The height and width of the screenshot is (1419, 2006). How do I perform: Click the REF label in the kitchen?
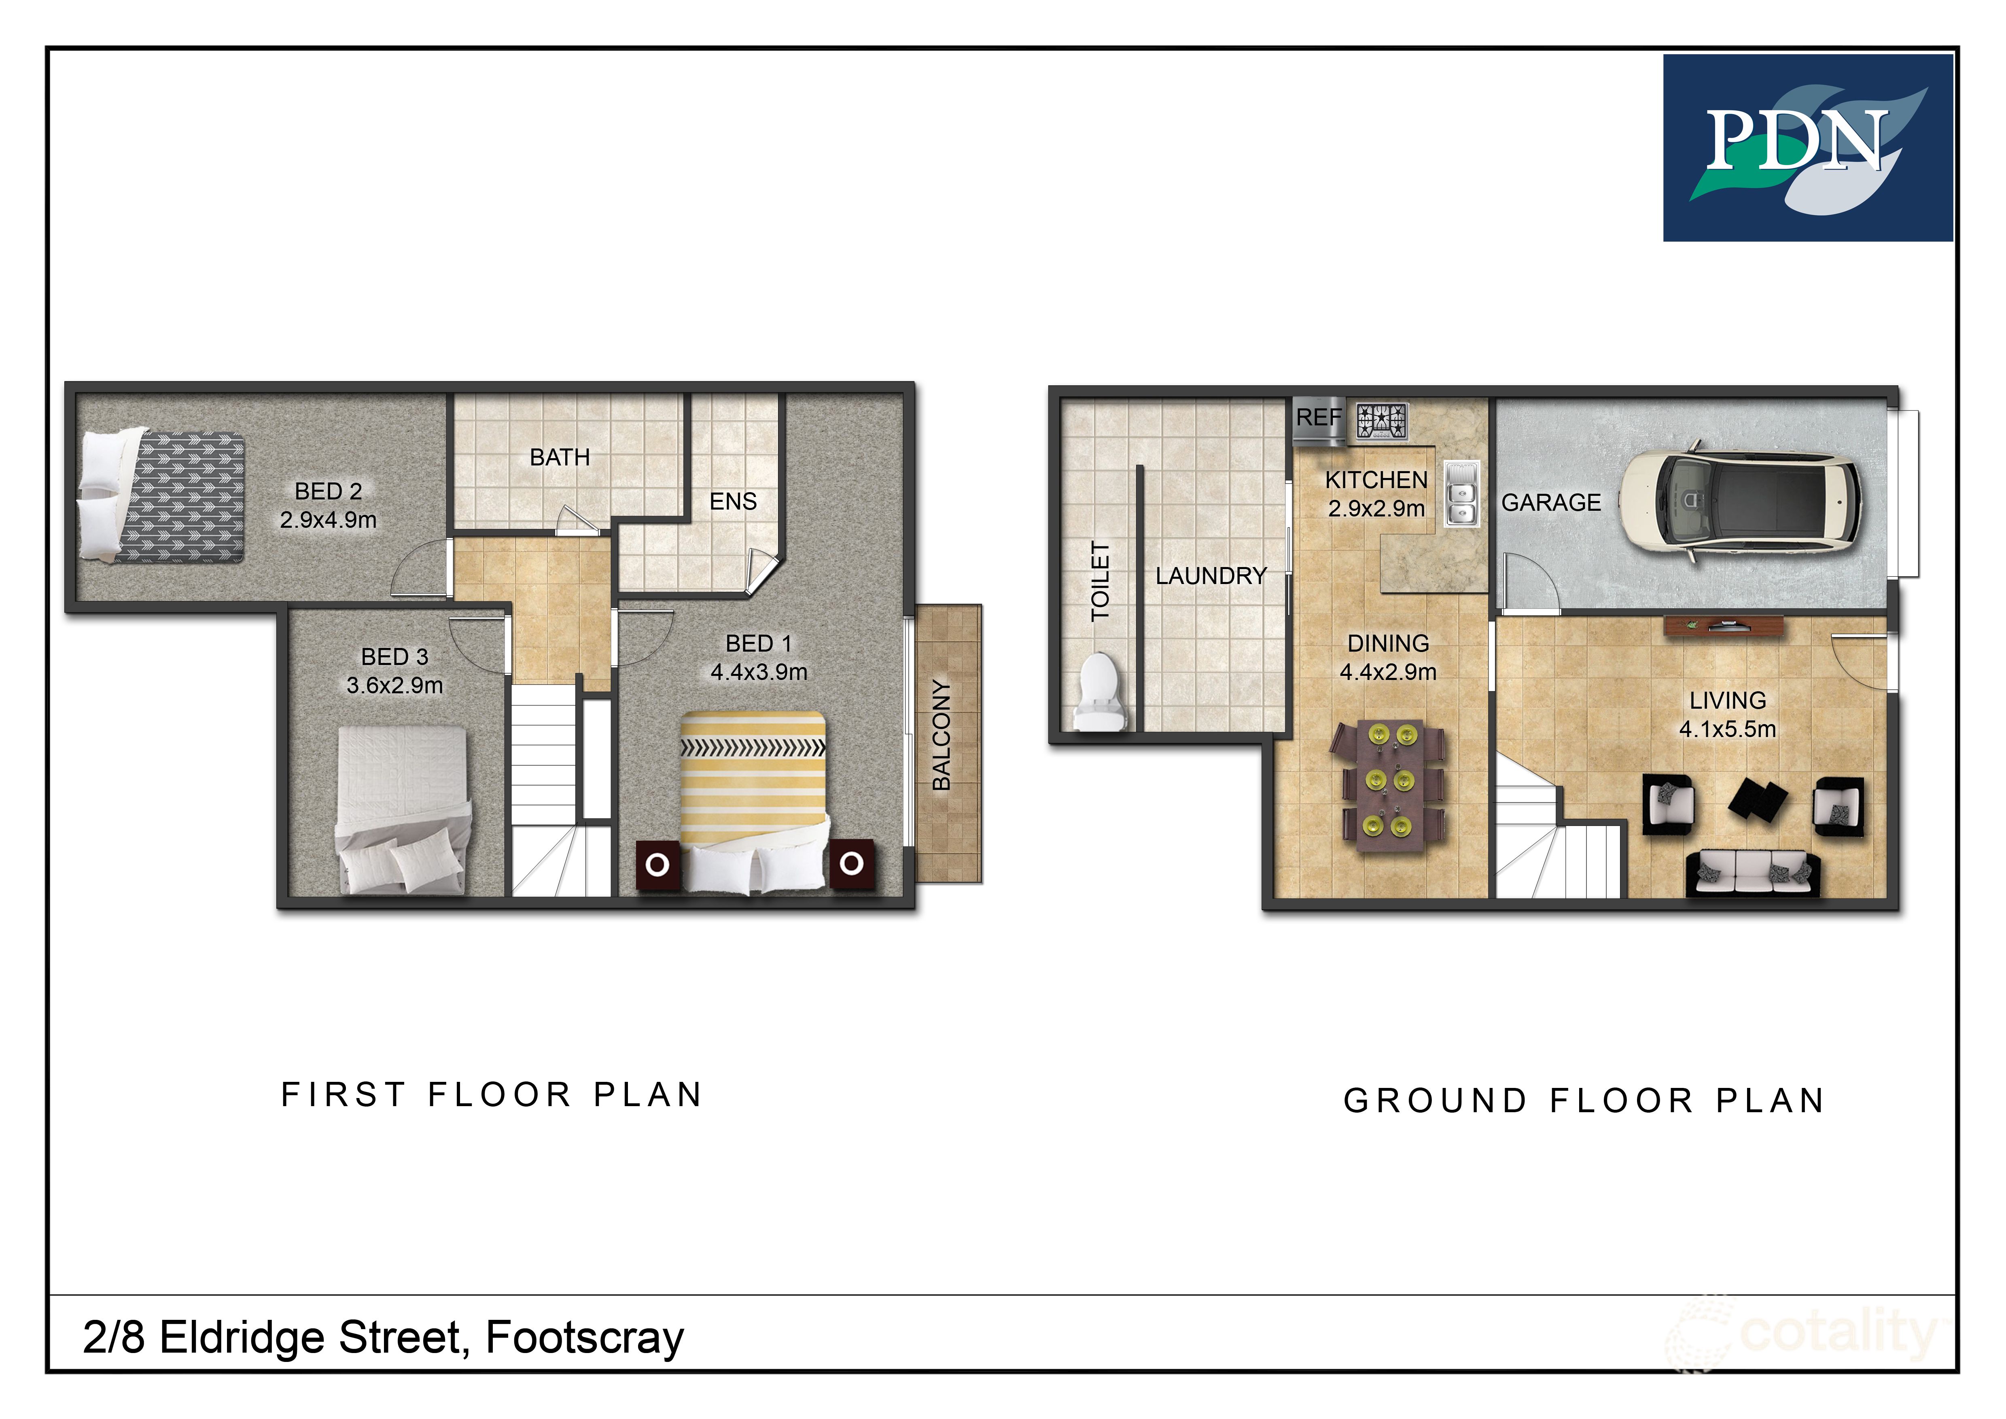(x=1317, y=418)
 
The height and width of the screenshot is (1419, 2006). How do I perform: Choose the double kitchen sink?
(x=1461, y=494)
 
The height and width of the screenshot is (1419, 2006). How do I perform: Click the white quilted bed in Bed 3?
(x=403, y=808)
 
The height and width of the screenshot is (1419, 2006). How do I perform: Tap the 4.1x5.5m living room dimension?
(x=1727, y=729)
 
